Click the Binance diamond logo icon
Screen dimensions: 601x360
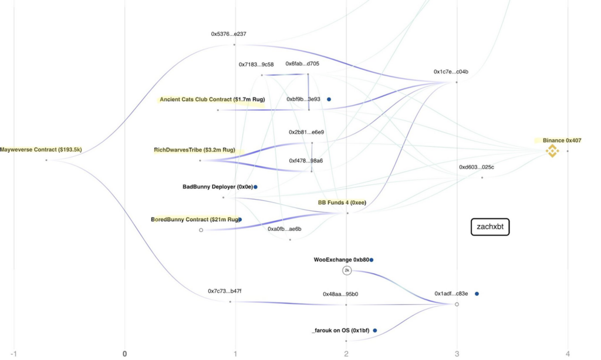tap(552, 151)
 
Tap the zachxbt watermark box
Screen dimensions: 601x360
tap(490, 227)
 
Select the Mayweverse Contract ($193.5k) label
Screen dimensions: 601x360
tap(41, 150)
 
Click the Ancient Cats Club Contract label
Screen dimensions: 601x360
tap(212, 99)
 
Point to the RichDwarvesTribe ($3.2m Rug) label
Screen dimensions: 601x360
tap(195, 150)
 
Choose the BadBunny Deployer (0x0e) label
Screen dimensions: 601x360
tap(218, 187)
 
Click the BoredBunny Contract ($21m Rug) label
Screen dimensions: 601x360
tap(195, 219)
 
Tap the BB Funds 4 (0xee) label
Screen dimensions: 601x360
tap(342, 203)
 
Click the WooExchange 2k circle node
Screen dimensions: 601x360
tap(347, 270)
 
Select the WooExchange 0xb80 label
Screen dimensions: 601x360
tap(342, 260)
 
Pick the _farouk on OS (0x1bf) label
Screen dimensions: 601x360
tap(341, 330)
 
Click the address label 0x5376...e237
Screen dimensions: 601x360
tap(229, 33)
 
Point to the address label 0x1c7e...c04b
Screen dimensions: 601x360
tap(451, 72)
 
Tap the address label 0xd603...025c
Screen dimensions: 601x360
tap(477, 167)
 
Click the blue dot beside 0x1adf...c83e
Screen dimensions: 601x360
tap(477, 294)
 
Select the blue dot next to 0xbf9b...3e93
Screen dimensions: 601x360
tap(329, 99)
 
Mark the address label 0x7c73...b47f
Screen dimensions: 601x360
tap(225, 291)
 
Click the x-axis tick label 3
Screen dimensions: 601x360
tap(457, 354)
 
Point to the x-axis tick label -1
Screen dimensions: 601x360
tap(14, 354)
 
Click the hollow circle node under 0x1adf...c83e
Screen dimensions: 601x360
tap(457, 304)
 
